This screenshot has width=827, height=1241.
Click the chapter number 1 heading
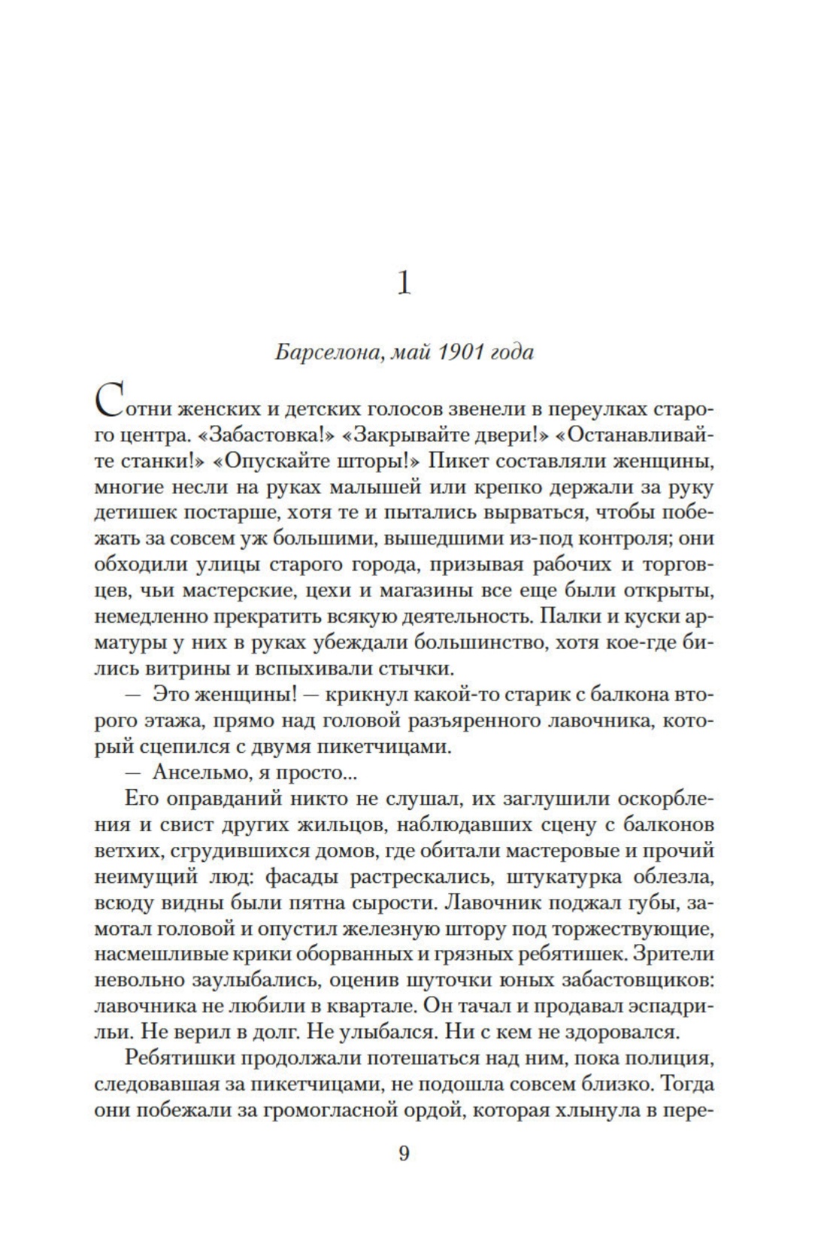[404, 284]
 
